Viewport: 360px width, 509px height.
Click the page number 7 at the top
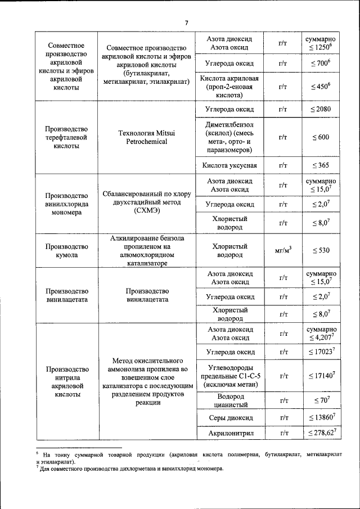point(187,22)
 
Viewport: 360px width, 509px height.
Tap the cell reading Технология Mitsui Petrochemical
point(147,137)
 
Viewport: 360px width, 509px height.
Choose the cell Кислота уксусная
point(234,165)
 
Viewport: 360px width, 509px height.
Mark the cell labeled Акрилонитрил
point(234,433)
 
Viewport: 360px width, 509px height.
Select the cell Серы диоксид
point(234,418)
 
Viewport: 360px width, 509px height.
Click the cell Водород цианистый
point(234,400)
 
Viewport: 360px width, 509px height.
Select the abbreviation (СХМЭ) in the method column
point(147,211)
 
